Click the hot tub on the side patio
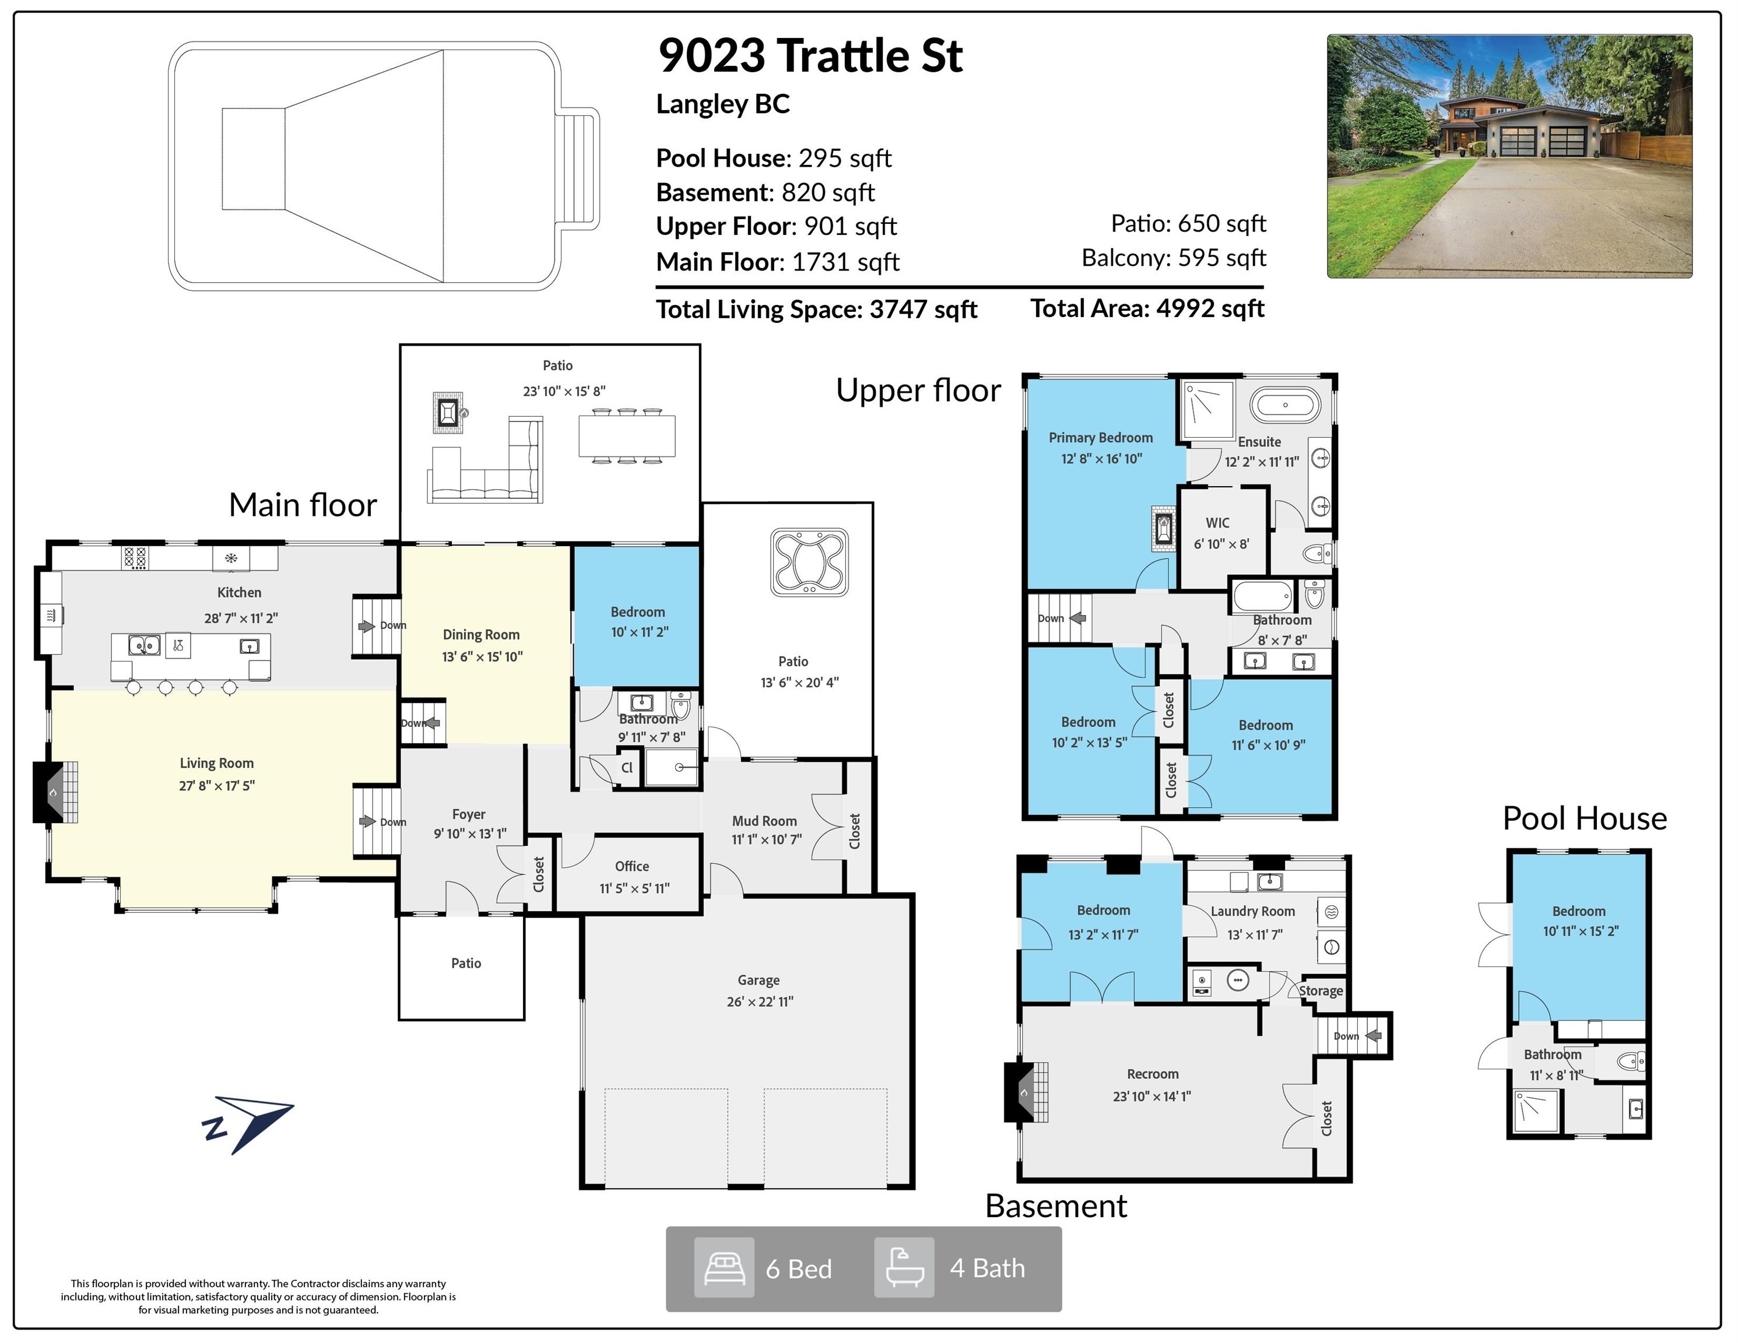pos(809,562)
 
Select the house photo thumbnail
pos(1509,156)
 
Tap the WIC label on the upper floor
pos(1217,523)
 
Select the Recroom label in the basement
pos(1152,1074)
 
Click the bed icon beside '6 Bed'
pos(724,1267)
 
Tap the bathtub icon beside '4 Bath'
pos(904,1267)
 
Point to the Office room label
pos(632,866)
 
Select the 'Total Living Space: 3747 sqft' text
pos(816,309)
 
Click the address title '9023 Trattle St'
pos(810,56)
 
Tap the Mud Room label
pos(764,821)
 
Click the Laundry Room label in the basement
pos(1252,911)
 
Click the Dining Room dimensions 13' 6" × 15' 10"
pos(482,656)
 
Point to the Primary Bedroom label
pos(1101,438)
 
